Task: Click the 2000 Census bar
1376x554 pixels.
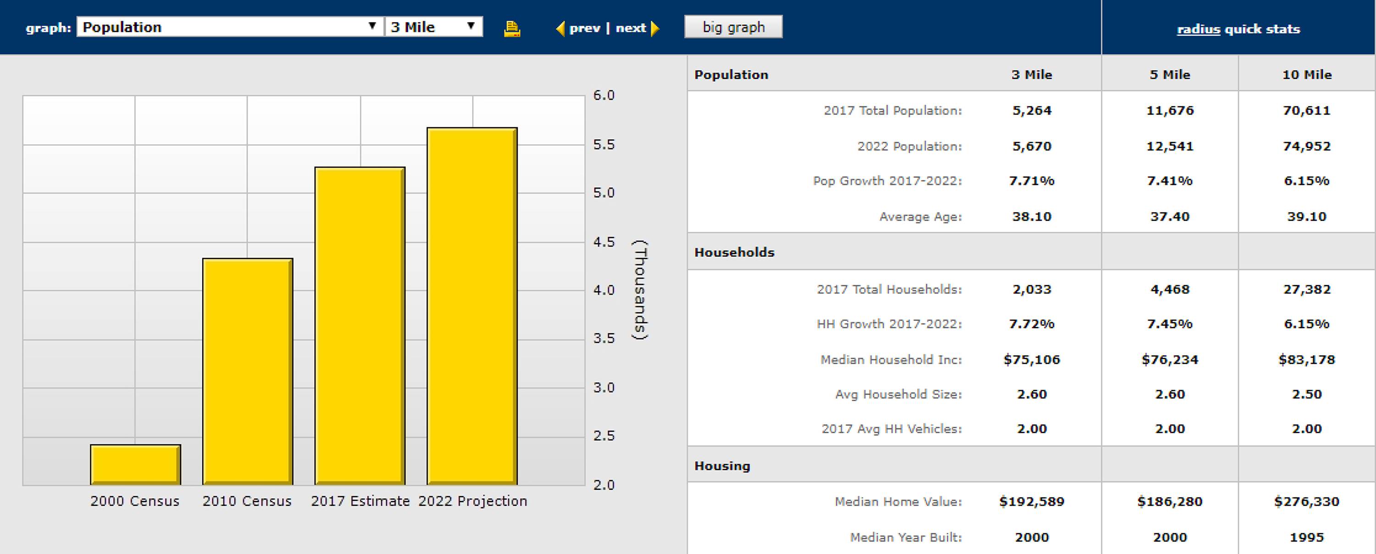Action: coord(135,464)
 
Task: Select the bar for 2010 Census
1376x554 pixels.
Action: coord(247,372)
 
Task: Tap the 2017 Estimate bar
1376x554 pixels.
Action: coord(360,326)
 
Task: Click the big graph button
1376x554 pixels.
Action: coord(733,27)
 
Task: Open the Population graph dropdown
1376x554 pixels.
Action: coord(230,27)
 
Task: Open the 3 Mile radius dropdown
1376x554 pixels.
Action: coord(433,27)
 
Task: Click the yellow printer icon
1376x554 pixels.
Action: coord(512,28)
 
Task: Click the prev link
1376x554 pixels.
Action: coord(584,28)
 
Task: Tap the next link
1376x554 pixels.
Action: coord(631,28)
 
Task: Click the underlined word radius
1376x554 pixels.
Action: coord(1198,29)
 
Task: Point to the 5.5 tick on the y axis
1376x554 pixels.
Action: coord(604,145)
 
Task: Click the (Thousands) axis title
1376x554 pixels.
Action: coord(640,290)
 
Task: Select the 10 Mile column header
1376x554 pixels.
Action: coord(1307,75)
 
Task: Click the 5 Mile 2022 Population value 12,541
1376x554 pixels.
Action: coord(1169,146)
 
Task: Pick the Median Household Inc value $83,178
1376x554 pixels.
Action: coord(1307,360)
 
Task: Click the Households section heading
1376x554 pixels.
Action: coord(734,252)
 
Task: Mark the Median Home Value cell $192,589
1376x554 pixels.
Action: coord(1032,502)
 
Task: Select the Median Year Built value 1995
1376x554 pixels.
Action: coord(1307,537)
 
